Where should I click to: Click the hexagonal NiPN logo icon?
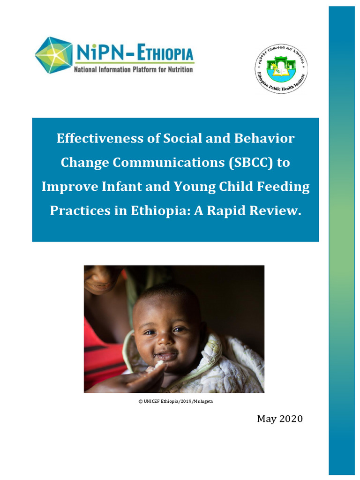[53, 55]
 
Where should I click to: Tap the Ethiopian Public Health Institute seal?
[280, 68]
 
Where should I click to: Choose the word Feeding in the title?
[285, 187]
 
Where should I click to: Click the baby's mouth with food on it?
[164, 357]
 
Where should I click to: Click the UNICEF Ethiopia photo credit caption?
[173, 402]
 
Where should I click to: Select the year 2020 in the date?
[290, 419]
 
